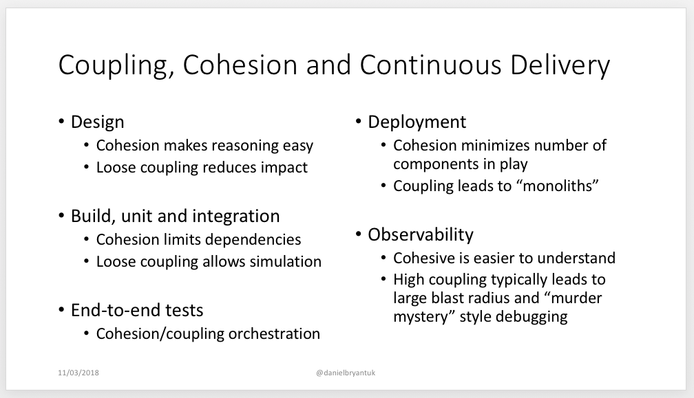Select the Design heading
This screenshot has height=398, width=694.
(x=98, y=122)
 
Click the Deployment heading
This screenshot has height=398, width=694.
(x=417, y=122)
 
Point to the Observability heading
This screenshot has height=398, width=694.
(x=420, y=235)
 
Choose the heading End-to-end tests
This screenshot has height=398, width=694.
(x=137, y=310)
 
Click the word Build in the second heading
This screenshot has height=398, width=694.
(x=90, y=217)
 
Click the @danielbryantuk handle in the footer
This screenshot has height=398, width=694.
(x=346, y=373)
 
